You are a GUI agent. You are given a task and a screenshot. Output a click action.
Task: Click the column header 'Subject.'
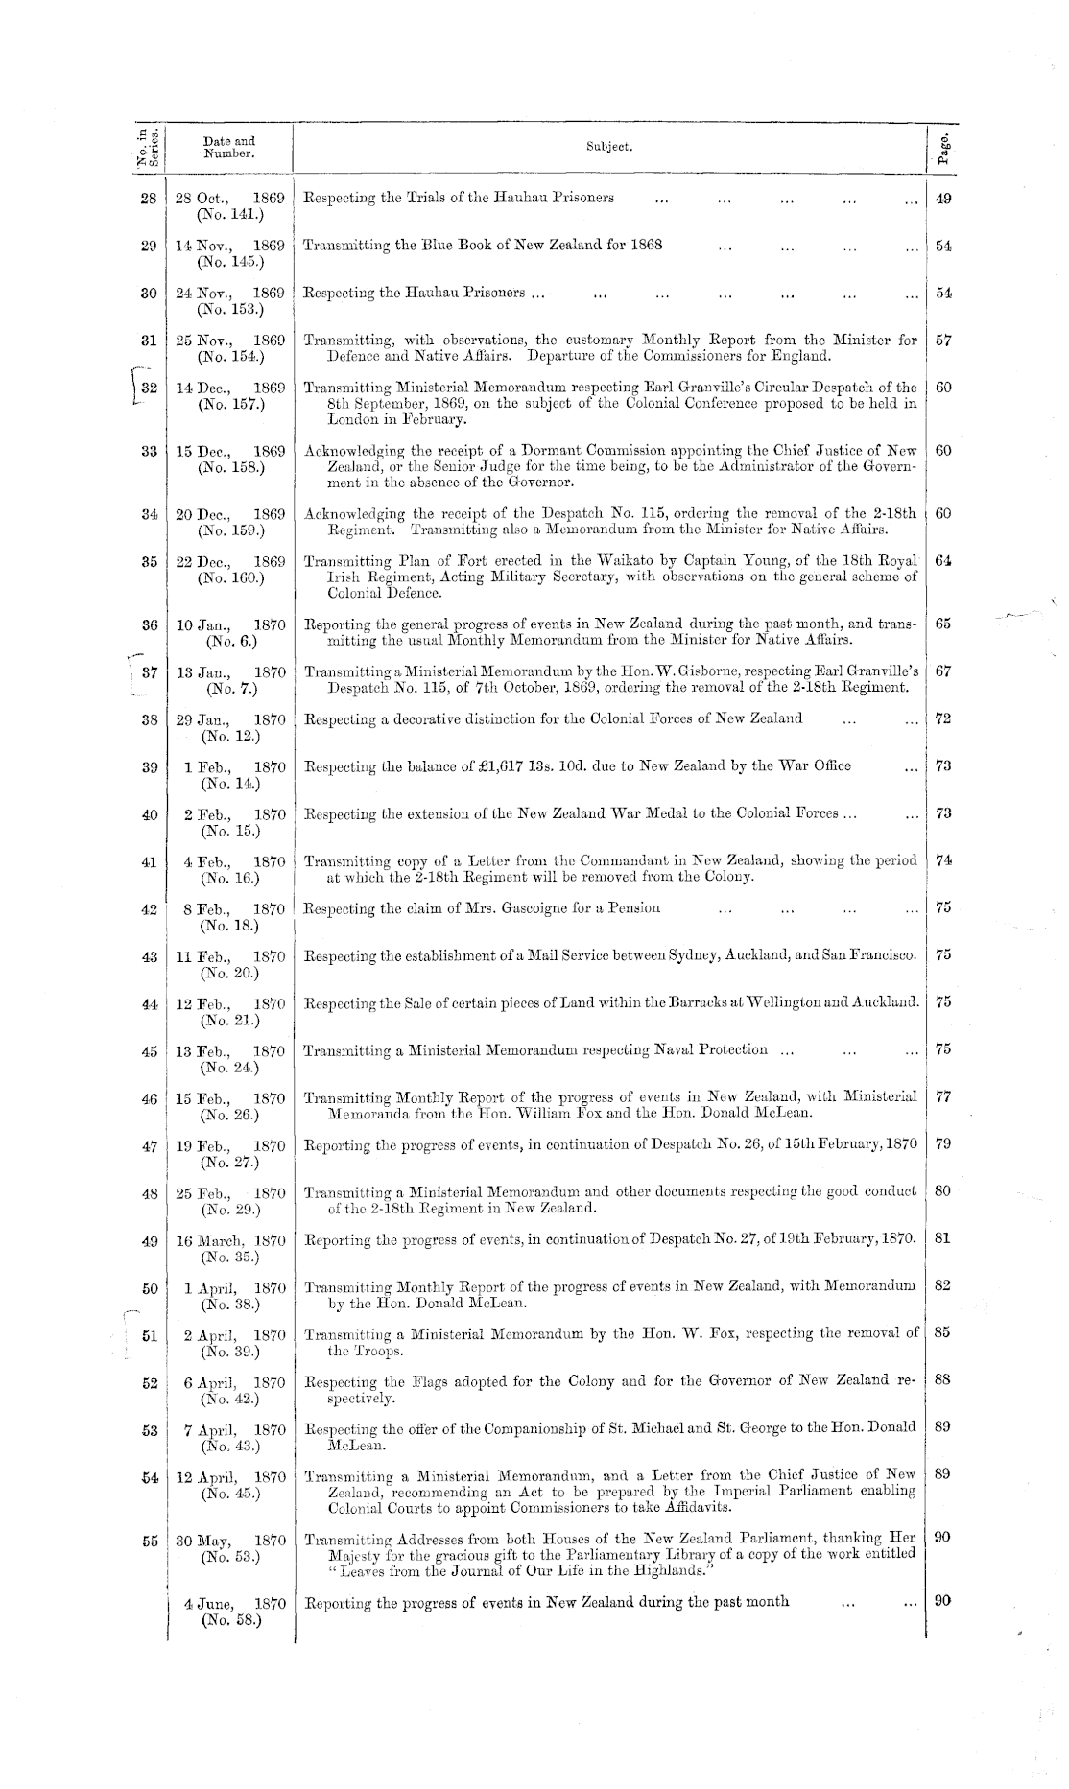click(x=609, y=147)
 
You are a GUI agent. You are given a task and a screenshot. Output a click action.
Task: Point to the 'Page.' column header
click(x=944, y=148)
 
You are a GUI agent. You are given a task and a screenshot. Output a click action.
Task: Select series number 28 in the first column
click(x=148, y=199)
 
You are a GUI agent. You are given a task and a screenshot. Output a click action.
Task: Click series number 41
click(x=149, y=861)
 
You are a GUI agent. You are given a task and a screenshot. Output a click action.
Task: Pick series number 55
click(x=149, y=1541)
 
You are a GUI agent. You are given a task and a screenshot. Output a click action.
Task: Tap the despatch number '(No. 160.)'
click(x=230, y=577)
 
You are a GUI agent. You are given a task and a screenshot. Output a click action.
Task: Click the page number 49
click(x=942, y=199)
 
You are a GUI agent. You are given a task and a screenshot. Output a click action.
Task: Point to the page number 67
click(x=942, y=671)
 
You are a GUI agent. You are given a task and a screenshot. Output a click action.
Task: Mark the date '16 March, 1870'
click(x=230, y=1238)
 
